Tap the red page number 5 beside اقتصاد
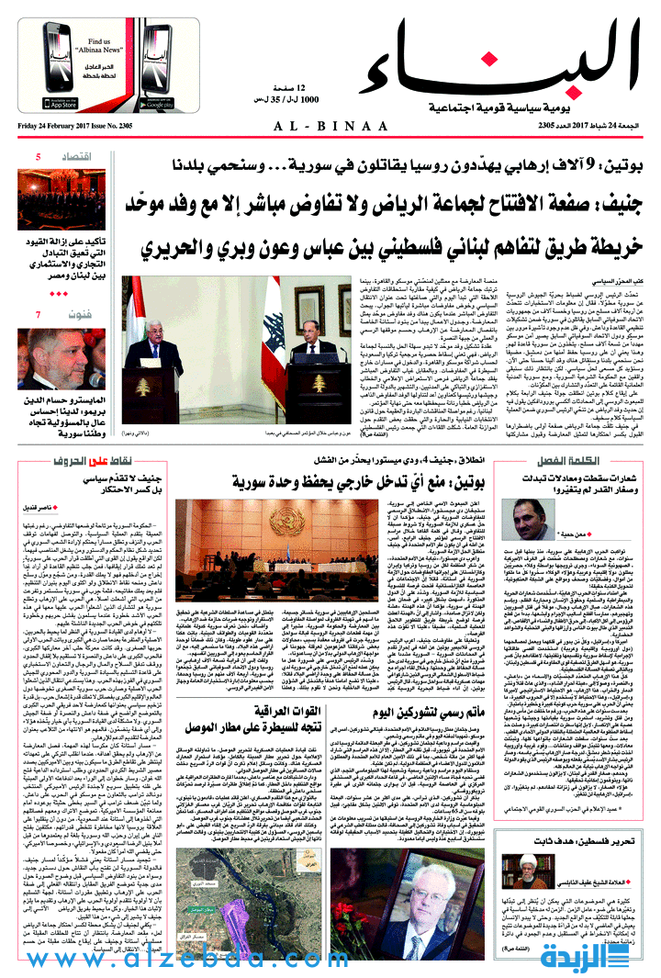click(38, 157)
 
